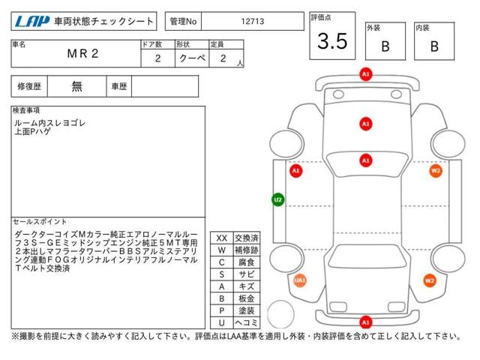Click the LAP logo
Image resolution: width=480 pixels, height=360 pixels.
tap(31, 22)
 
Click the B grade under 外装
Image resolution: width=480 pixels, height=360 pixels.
tap(385, 46)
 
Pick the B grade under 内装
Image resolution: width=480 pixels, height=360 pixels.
tap(434, 46)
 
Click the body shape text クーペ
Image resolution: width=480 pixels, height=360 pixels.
tap(187, 58)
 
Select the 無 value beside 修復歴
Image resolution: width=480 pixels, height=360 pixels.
tap(77, 86)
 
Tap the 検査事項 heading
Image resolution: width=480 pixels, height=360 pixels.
tap(27, 110)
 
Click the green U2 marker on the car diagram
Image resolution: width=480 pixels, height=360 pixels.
tap(277, 200)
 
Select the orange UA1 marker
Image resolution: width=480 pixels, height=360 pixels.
tap(300, 280)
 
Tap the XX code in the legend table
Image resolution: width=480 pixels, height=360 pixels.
tap(222, 238)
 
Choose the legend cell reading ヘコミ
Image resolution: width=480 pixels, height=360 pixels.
tap(246, 322)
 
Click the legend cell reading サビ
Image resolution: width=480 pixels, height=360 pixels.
tap(246, 274)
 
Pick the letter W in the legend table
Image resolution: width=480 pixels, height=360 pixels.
tap(222, 250)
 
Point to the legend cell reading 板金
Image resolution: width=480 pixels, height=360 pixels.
tap(246, 298)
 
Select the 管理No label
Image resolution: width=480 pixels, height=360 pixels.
tap(183, 22)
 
